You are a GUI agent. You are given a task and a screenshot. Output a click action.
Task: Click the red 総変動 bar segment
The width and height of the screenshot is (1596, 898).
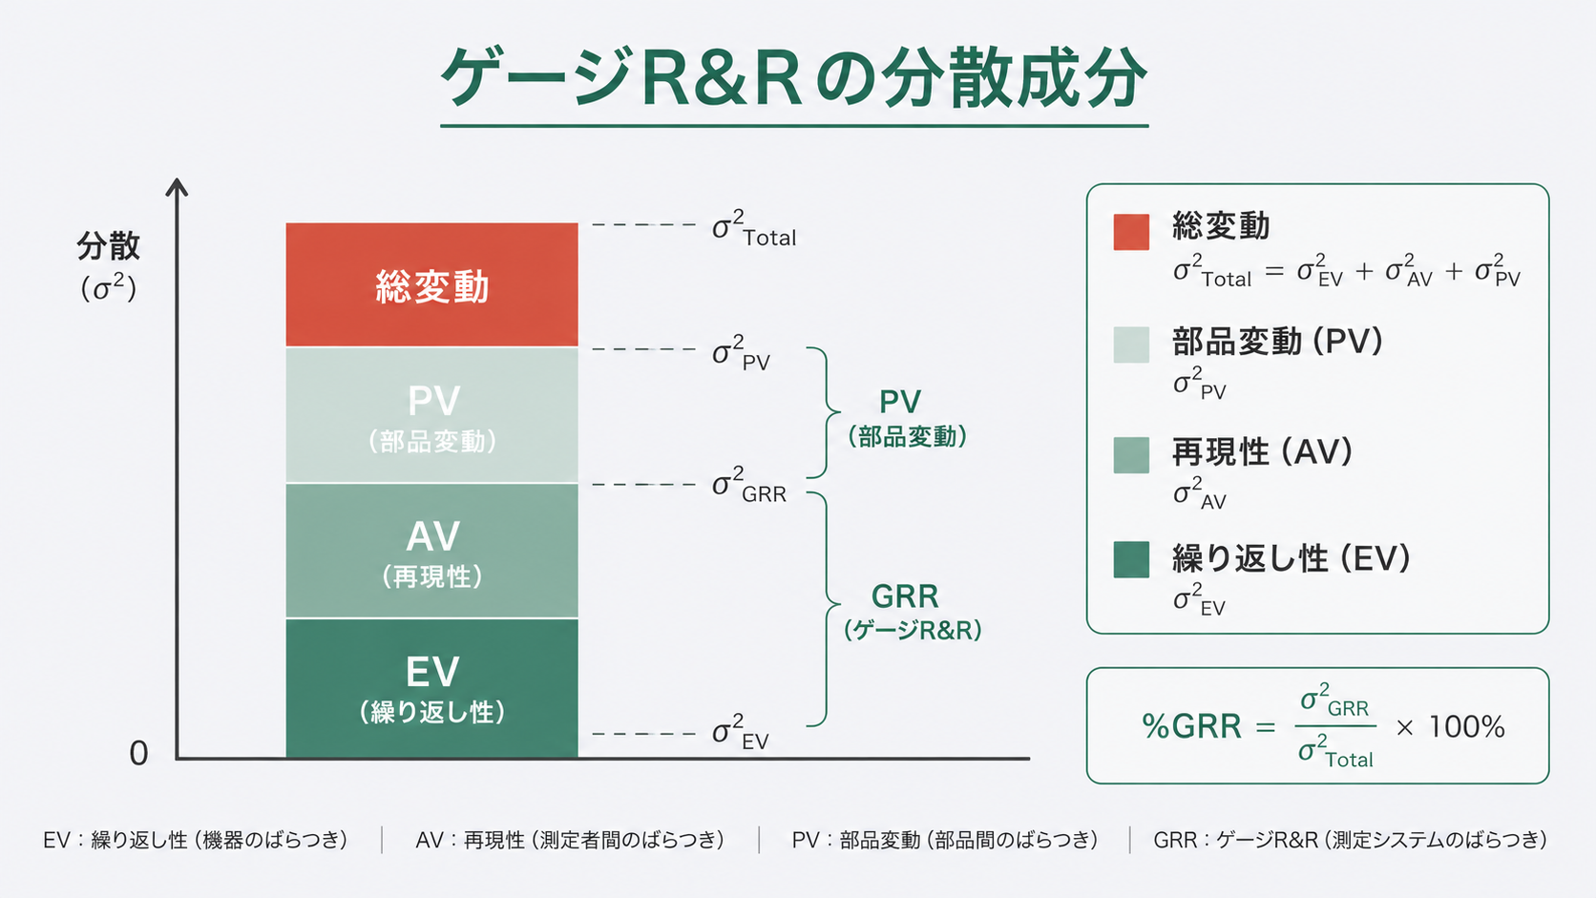click(x=431, y=284)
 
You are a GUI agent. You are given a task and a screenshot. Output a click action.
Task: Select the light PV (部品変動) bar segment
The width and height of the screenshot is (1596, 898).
click(x=431, y=415)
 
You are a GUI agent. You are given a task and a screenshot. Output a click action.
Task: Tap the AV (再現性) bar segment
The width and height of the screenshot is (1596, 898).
click(x=431, y=551)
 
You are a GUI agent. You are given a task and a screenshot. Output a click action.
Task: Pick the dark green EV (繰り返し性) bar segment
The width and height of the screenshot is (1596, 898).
click(x=431, y=688)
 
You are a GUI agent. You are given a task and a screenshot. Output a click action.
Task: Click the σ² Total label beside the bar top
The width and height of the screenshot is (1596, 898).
click(x=753, y=230)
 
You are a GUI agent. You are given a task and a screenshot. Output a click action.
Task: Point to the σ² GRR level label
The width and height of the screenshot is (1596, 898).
click(x=748, y=486)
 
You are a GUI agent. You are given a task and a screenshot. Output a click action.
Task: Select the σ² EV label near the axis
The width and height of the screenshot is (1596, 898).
click(x=740, y=733)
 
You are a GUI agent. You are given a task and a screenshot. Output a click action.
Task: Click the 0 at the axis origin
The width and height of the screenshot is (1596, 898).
click(x=139, y=754)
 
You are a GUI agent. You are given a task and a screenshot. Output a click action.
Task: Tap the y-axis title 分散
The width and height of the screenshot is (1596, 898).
click(x=108, y=246)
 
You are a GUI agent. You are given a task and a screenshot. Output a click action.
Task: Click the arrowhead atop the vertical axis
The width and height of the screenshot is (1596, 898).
click(x=177, y=186)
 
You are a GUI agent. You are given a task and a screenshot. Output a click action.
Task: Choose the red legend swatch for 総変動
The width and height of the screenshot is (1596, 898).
click(x=1131, y=232)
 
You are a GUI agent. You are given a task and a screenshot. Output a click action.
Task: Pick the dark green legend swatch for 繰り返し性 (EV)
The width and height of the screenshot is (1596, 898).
click(x=1131, y=559)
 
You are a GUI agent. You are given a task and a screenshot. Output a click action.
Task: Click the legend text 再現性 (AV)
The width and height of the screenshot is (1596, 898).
click(x=1262, y=451)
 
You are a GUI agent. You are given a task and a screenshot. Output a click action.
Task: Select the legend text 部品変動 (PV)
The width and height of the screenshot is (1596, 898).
click(x=1277, y=341)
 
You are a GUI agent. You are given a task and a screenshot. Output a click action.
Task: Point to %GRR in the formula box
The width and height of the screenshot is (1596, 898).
click(x=1191, y=727)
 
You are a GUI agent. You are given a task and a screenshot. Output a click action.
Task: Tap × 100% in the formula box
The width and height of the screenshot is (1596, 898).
click(x=1450, y=727)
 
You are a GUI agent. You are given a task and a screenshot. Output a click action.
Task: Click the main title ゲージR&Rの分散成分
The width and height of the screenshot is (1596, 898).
click(x=793, y=78)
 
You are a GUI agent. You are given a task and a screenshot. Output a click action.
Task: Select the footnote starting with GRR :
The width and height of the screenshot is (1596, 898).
click(x=1350, y=840)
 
